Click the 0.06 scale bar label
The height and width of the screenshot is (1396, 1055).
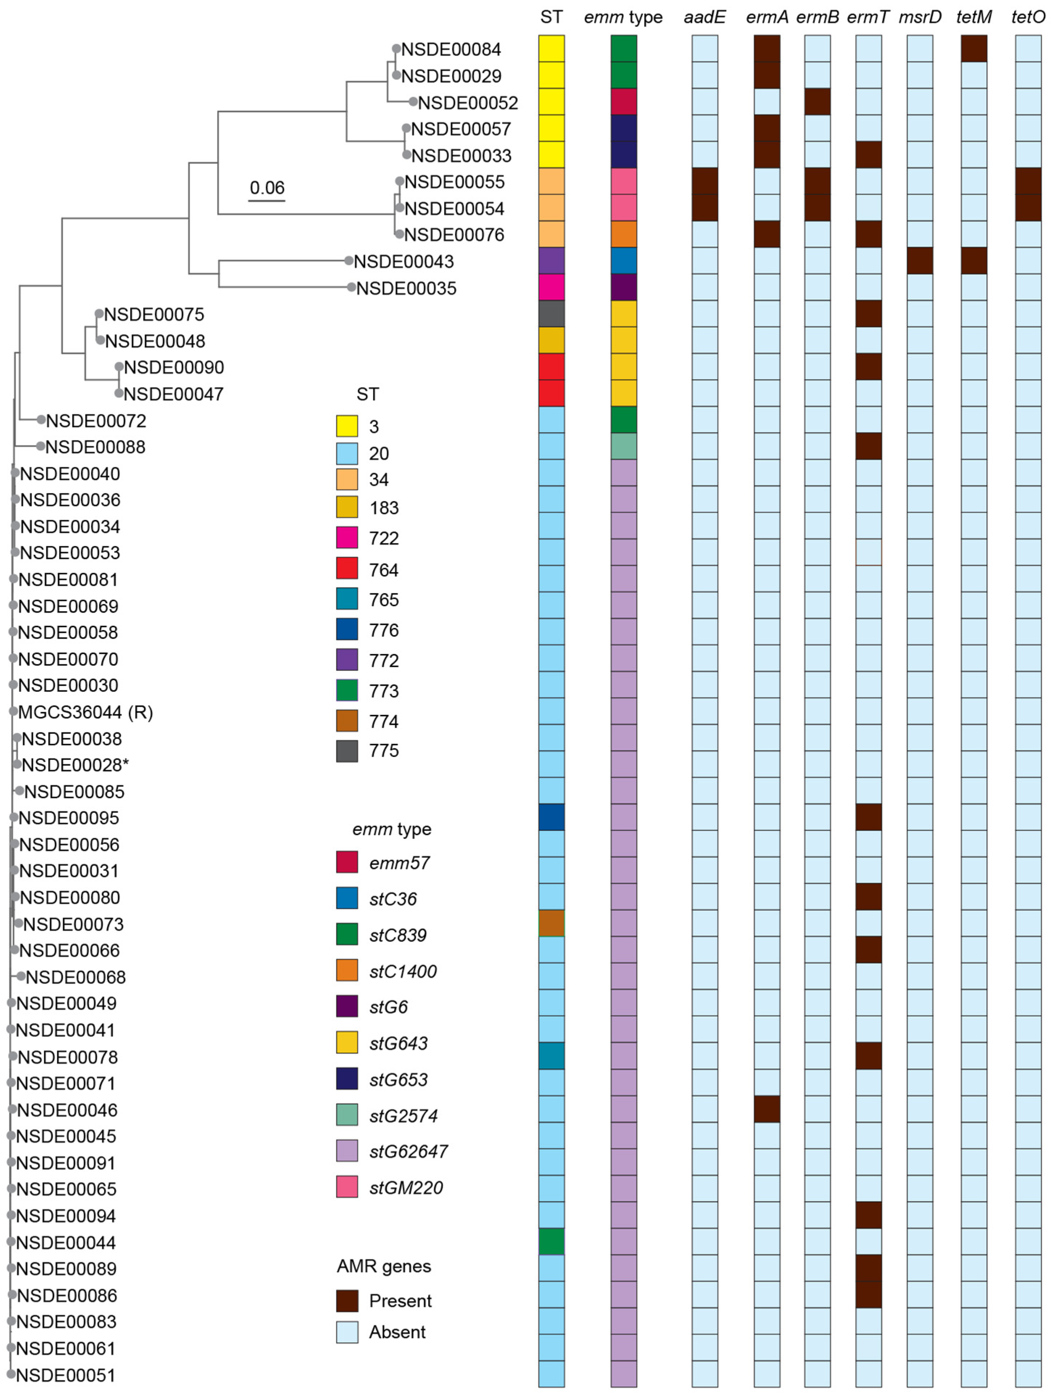click(x=267, y=187)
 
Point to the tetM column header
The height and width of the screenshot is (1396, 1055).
click(x=973, y=17)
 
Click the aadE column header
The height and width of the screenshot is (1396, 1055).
click(x=704, y=17)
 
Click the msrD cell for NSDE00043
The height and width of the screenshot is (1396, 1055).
click(x=919, y=261)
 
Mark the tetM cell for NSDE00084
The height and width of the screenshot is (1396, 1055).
click(x=973, y=49)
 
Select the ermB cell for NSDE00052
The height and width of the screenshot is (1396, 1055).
click(x=817, y=102)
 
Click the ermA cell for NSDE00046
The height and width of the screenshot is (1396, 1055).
click(x=767, y=1109)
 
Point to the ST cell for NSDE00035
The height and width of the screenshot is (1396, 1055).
click(x=552, y=287)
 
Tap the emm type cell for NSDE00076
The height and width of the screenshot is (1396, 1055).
click(x=623, y=234)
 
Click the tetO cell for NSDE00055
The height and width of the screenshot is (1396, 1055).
click(x=1028, y=181)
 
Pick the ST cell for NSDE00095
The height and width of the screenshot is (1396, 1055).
click(x=552, y=817)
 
